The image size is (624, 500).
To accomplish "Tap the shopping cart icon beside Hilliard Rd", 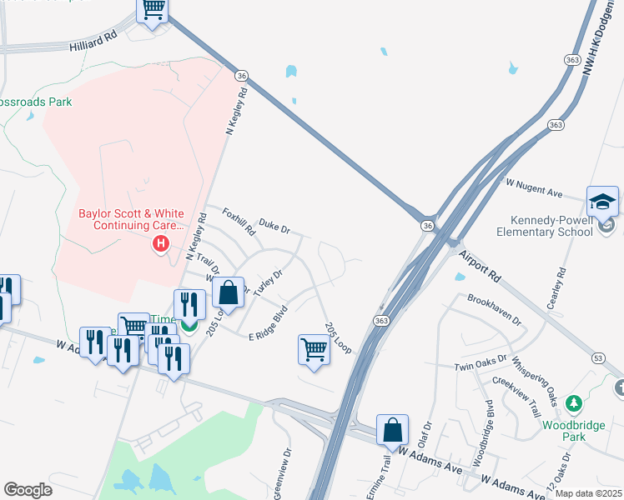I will [x=153, y=10].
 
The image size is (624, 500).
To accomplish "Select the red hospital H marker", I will [x=160, y=244].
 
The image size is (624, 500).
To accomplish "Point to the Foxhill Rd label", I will [x=239, y=222].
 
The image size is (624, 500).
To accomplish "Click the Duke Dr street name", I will [x=274, y=225].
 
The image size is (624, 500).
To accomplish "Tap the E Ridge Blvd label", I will [x=269, y=323].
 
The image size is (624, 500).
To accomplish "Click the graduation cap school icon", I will [x=601, y=202].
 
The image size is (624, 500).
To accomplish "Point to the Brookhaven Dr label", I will [x=494, y=308].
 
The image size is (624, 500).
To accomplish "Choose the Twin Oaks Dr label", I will [x=481, y=362].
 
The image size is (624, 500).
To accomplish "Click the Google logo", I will [x=28, y=490].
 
